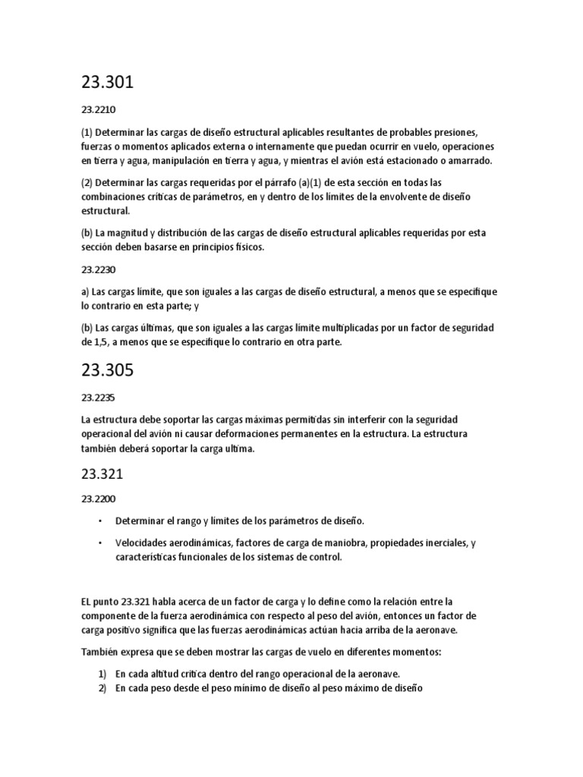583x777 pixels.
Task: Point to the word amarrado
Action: (471, 161)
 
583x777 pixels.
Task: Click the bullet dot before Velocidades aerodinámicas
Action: (99, 543)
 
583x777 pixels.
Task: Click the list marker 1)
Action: (102, 673)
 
